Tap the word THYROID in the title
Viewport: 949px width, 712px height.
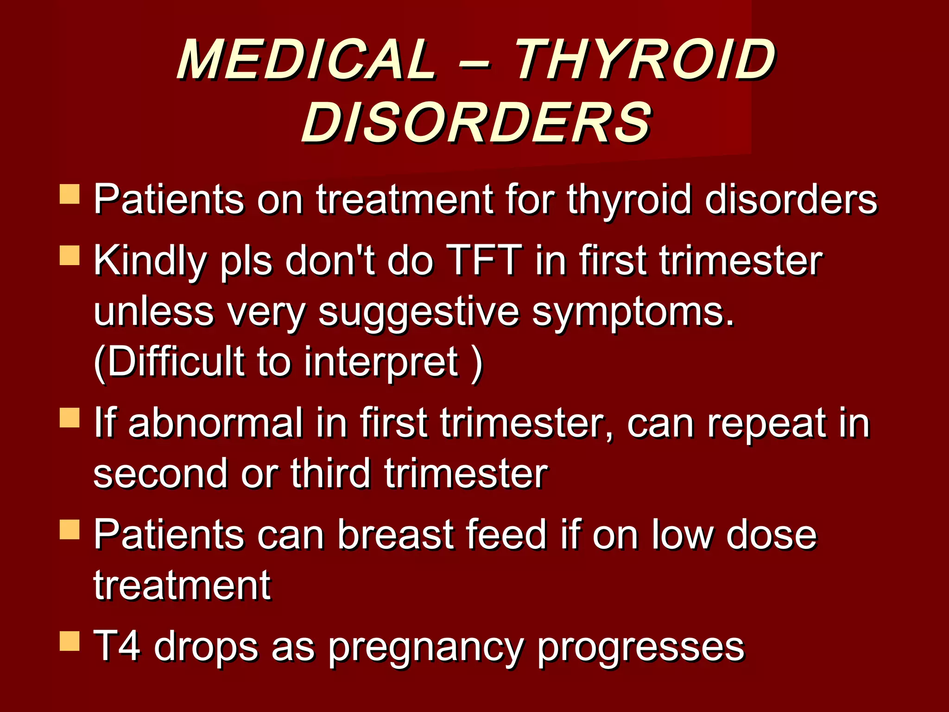coord(644,60)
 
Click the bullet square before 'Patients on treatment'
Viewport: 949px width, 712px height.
coord(70,194)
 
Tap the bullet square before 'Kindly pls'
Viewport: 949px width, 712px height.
coord(70,255)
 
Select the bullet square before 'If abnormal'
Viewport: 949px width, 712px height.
coord(70,417)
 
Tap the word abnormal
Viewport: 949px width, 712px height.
coord(215,423)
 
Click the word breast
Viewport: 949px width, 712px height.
coord(396,534)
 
